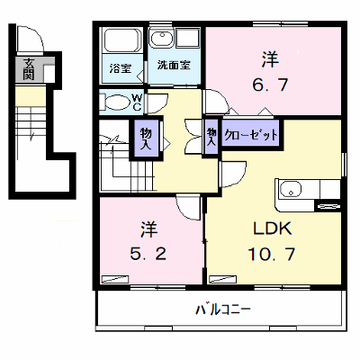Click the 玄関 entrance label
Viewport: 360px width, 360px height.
click(29, 69)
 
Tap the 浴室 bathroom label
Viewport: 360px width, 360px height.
click(120, 68)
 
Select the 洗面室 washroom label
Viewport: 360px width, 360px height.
click(174, 66)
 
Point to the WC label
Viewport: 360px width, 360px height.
click(137, 102)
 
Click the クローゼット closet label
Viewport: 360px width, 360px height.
click(251, 135)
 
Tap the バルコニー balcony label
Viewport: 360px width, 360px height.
click(223, 309)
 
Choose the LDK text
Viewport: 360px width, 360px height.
click(273, 229)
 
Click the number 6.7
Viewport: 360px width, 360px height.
click(270, 85)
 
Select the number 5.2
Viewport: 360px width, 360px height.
click(148, 254)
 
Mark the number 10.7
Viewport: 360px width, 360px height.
click(272, 254)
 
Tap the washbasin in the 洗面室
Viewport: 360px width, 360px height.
click(162, 39)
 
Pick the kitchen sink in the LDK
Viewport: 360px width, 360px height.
click(290, 189)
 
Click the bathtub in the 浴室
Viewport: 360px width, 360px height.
click(122, 40)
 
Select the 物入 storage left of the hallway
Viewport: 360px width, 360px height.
click(146, 138)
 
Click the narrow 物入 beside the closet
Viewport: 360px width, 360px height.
click(211, 137)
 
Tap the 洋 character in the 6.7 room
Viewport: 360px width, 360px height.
click(270, 59)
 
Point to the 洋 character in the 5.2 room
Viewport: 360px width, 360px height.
click(148, 229)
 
